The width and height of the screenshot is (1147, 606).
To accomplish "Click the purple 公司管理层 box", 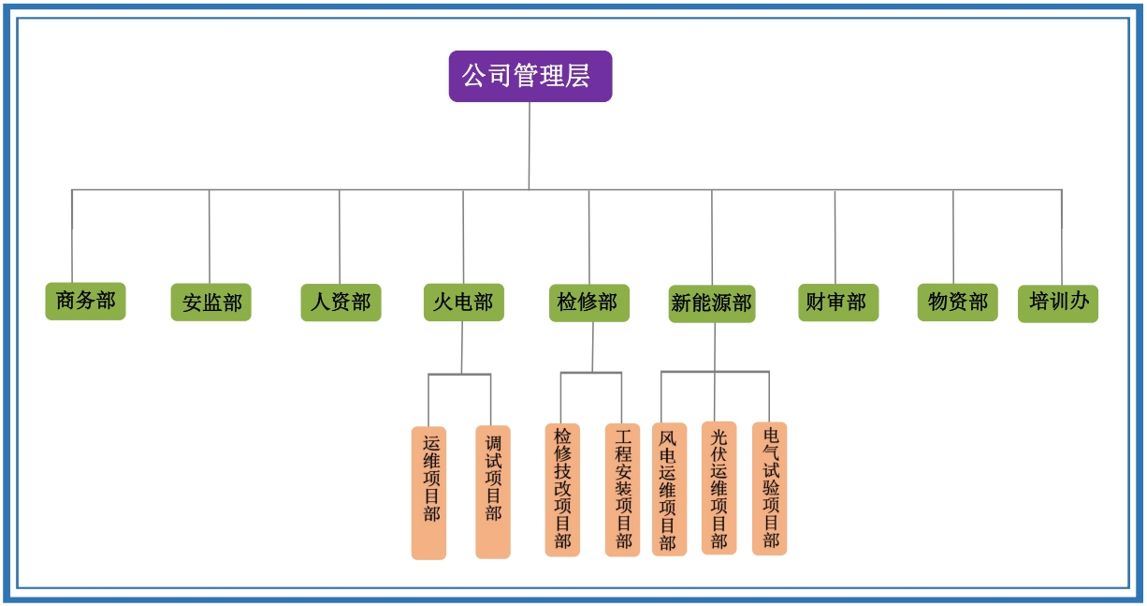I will tap(530, 76).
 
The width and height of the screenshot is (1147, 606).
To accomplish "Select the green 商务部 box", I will tap(85, 301).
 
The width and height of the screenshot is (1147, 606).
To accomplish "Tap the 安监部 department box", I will tap(211, 302).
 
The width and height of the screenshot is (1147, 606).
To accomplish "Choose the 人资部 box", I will tap(341, 302).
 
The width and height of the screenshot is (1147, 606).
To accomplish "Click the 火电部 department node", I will tap(463, 302).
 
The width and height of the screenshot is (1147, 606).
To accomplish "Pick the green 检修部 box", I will tap(588, 302).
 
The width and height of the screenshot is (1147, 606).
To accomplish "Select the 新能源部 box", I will tap(711, 303).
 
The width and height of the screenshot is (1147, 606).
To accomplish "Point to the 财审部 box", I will tap(837, 302).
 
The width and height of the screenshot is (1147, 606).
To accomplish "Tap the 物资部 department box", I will tap(957, 302).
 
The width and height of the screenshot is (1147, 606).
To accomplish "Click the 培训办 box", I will tap(1057, 303).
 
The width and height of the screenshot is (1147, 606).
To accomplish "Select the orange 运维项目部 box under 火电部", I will tap(429, 493).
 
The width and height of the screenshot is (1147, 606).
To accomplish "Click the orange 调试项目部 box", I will tap(493, 492).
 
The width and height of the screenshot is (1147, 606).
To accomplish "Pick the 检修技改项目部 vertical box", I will tap(562, 489).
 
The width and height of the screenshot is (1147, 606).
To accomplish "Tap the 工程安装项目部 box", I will tap(622, 489).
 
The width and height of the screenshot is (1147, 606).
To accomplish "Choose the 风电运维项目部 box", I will tap(668, 489).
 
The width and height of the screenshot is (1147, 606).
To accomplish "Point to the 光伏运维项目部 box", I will tap(719, 488).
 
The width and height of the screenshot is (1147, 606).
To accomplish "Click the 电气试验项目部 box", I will tap(769, 488).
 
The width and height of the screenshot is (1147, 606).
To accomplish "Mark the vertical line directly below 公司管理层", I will tap(529, 145).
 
